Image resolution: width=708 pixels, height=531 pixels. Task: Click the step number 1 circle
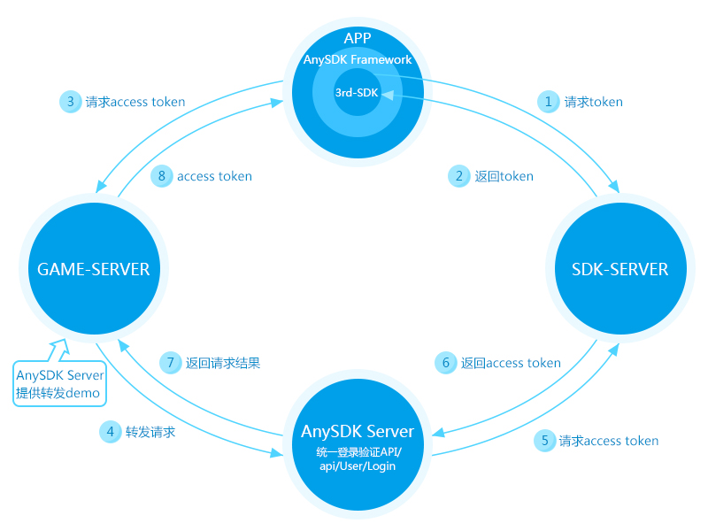click(549, 102)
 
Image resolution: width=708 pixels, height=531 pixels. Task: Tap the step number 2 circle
click(458, 176)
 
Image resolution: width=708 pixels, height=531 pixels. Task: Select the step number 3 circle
click(70, 102)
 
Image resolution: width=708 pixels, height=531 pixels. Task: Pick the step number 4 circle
click(110, 433)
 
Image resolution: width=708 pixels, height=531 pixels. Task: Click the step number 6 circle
click(446, 363)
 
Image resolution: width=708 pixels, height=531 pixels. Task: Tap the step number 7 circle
click(170, 363)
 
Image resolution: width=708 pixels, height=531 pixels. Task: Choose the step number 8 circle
click(161, 176)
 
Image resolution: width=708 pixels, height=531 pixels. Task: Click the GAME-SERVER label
click(93, 269)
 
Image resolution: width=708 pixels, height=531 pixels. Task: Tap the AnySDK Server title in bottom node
click(358, 432)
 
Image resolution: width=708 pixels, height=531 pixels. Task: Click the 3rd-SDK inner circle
click(357, 92)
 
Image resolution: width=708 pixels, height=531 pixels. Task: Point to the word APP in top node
click(357, 37)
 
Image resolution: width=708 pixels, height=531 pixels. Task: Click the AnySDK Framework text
click(358, 60)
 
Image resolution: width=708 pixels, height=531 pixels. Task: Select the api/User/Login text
click(358, 466)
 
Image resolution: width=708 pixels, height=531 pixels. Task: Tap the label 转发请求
click(150, 433)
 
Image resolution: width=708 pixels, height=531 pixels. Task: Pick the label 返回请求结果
click(222, 363)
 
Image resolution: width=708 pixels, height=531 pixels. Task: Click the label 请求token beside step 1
click(594, 102)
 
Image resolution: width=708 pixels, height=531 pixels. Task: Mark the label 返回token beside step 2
click(504, 176)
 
